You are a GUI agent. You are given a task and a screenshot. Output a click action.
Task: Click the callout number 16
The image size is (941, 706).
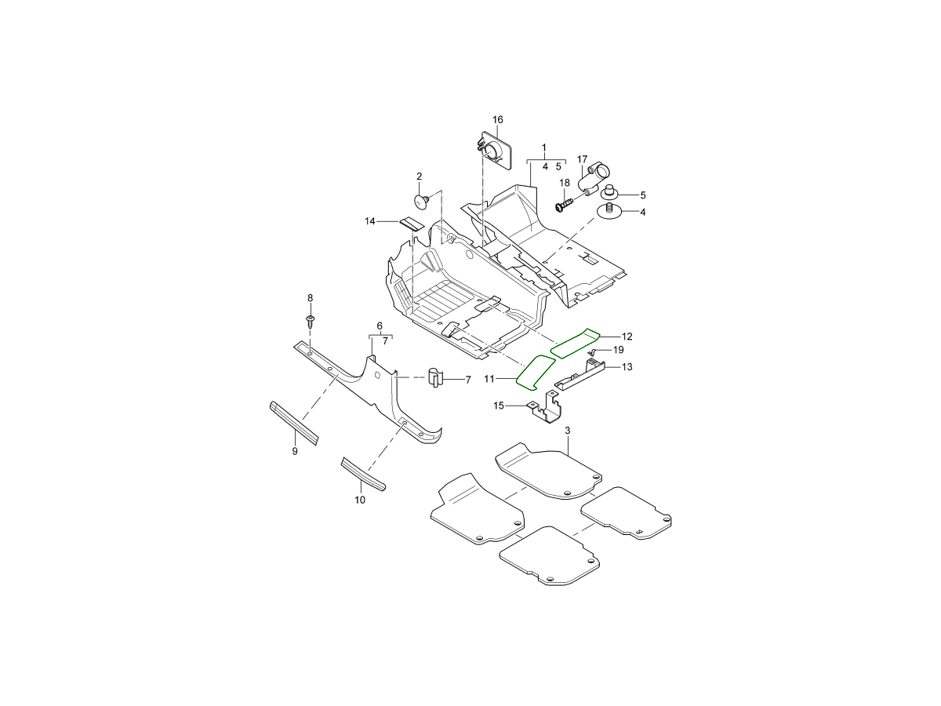pyautogui.click(x=497, y=119)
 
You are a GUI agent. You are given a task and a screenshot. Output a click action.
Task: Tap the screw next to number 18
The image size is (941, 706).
pyautogui.click(x=564, y=204)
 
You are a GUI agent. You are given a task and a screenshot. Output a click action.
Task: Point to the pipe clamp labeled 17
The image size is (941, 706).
pyautogui.click(x=594, y=180)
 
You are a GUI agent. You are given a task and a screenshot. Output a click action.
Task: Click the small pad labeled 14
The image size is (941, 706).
pyautogui.click(x=112, y=224)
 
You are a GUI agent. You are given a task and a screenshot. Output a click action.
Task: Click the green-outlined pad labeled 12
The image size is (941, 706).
pyautogui.click(x=575, y=344)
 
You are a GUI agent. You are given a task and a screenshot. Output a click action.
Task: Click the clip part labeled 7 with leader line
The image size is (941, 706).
pyautogui.click(x=435, y=377)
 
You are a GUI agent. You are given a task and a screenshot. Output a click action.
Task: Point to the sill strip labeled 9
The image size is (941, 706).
pyautogui.click(x=294, y=423)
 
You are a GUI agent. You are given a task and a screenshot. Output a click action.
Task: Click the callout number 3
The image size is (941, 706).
pyautogui.click(x=568, y=431)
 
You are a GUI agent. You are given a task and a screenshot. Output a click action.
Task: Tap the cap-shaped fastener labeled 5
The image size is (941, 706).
pyautogui.click(x=609, y=192)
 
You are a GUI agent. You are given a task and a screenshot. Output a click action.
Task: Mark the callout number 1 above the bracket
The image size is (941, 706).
pyautogui.click(x=544, y=148)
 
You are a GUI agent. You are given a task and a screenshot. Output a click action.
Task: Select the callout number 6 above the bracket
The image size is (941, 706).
pyautogui.click(x=380, y=326)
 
